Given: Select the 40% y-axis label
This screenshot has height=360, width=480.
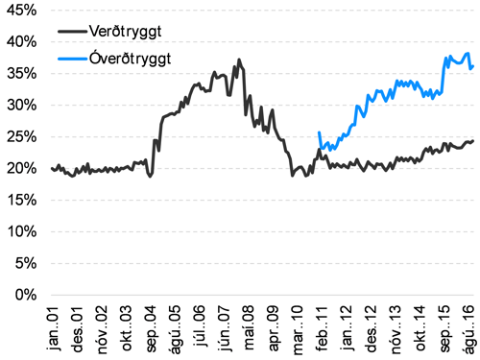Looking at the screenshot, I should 19,42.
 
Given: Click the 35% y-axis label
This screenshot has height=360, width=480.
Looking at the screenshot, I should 19,74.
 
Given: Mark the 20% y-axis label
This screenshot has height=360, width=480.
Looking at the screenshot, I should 19,169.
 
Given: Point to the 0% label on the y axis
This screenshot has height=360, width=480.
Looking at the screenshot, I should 23,295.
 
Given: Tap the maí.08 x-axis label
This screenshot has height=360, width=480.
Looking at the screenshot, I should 248,326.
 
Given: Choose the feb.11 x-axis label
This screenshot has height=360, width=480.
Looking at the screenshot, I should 319,326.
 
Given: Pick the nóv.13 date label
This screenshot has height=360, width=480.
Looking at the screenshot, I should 391,326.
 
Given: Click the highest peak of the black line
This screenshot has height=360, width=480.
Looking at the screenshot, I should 239,60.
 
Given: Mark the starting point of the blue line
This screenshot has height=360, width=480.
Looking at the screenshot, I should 318,132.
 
